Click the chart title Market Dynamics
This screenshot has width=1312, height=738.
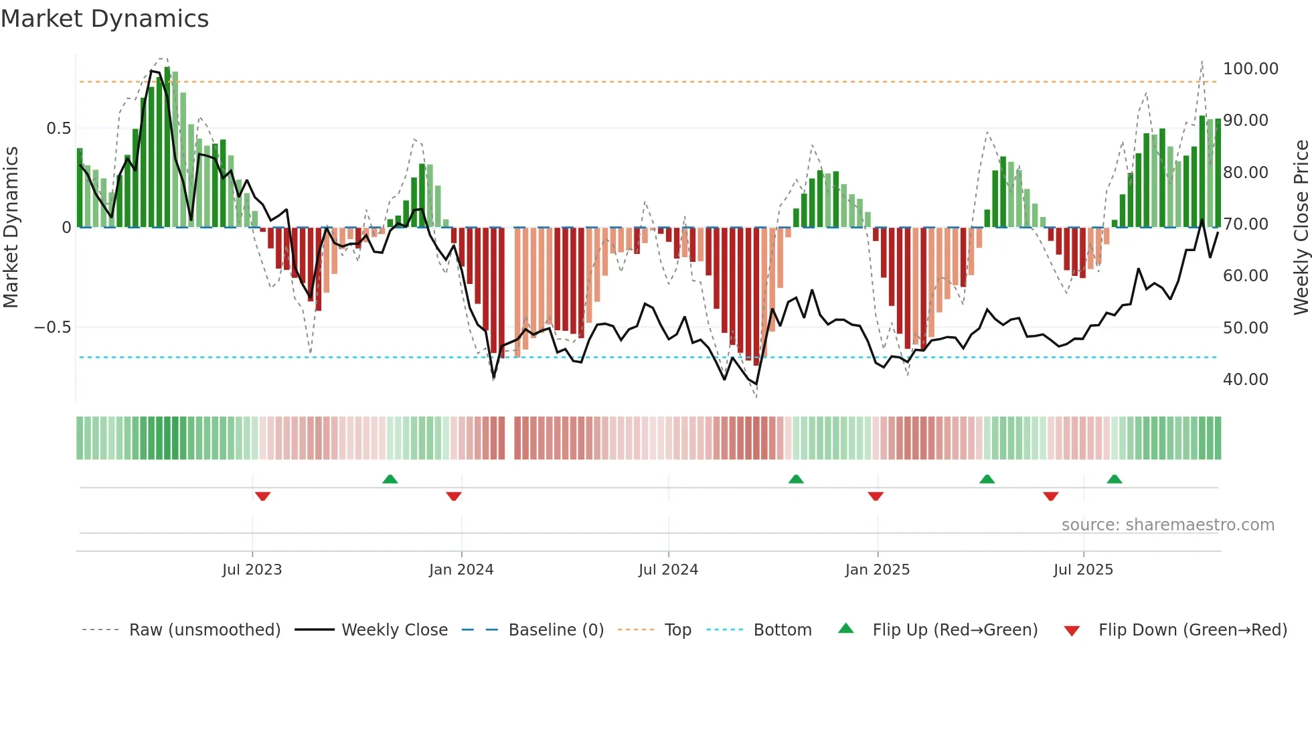[104, 19]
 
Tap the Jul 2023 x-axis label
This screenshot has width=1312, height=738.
[252, 570]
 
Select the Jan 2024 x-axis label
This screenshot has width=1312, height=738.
[461, 570]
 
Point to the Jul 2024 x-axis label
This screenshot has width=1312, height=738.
[668, 570]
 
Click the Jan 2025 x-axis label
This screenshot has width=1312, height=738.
[877, 570]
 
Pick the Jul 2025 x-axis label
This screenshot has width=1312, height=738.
[1083, 570]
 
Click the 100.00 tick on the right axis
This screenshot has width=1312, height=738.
[1250, 69]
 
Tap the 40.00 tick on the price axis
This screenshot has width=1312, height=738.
[1245, 380]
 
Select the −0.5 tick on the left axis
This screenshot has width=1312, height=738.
[52, 327]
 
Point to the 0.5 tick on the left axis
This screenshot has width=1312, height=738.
[58, 129]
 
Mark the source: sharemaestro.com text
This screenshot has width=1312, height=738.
[1167, 525]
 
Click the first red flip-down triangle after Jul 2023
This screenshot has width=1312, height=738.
[262, 496]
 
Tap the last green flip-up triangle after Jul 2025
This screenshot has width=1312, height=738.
[1114, 479]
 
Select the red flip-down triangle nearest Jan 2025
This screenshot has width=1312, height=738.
[876, 496]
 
